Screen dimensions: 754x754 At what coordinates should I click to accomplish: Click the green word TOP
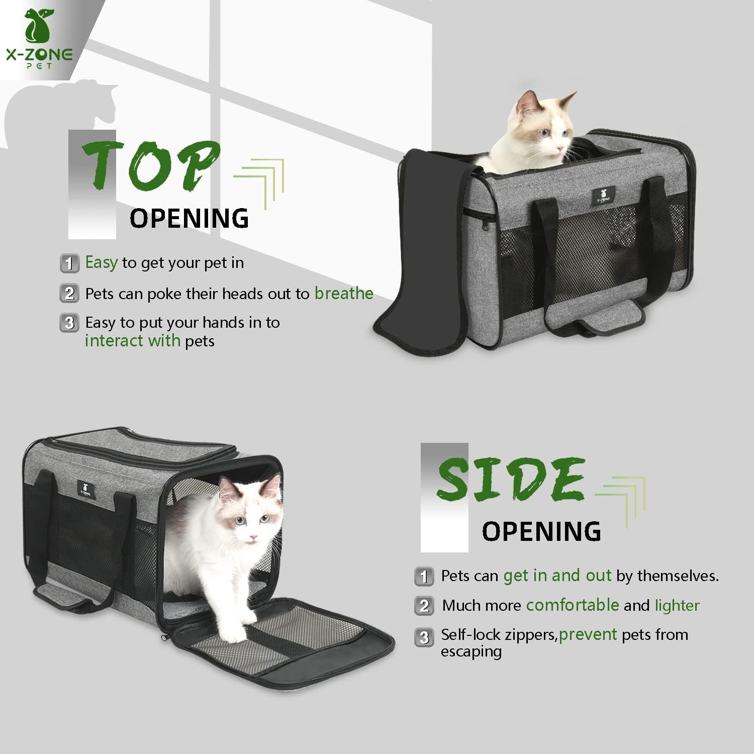(x=151, y=166)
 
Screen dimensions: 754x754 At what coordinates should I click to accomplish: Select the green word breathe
(x=344, y=294)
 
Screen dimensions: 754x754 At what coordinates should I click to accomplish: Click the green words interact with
(x=132, y=341)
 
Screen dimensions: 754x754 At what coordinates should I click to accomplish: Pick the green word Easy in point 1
(x=101, y=262)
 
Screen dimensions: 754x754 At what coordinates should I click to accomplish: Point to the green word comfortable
(x=572, y=605)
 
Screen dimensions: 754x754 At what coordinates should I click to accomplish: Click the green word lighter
(x=677, y=605)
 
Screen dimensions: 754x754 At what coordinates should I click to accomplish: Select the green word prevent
(x=588, y=634)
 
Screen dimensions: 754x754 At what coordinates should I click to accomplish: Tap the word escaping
(x=471, y=651)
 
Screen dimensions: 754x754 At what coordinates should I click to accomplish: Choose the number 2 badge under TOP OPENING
(x=69, y=293)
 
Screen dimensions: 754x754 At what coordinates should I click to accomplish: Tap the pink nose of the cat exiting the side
(x=253, y=538)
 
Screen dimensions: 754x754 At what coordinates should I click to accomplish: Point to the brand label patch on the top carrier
(x=603, y=195)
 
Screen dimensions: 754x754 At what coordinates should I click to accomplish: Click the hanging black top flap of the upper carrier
(x=402, y=261)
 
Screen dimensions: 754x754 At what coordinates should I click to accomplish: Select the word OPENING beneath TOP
(x=189, y=219)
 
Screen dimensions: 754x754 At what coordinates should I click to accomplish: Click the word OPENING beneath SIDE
(x=541, y=532)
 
